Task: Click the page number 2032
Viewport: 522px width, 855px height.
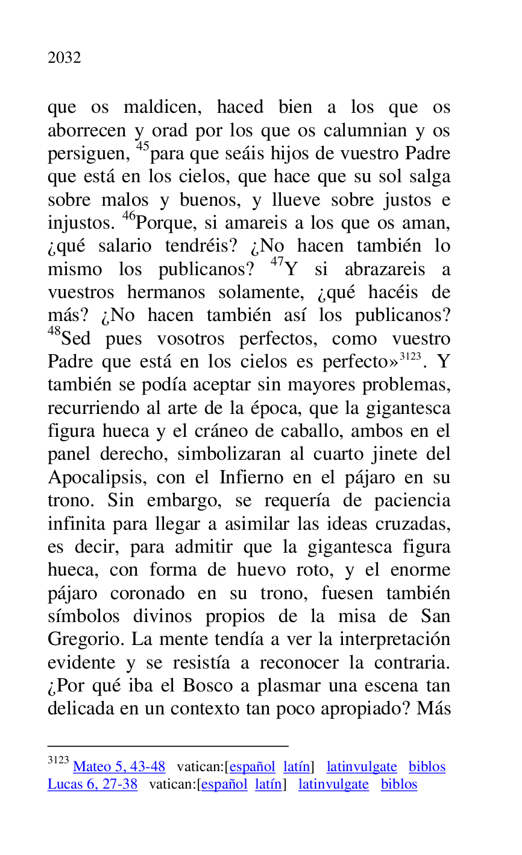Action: click(x=64, y=58)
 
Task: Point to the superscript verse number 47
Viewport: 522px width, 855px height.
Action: click(x=277, y=262)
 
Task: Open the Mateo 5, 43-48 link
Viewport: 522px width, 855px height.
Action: click(x=119, y=767)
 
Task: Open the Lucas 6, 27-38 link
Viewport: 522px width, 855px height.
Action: click(x=92, y=784)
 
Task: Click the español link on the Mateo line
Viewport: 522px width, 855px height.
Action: click(x=252, y=767)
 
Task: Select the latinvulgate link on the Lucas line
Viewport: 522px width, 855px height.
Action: click(x=333, y=784)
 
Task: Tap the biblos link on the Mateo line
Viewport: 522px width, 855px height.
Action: click(x=427, y=767)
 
